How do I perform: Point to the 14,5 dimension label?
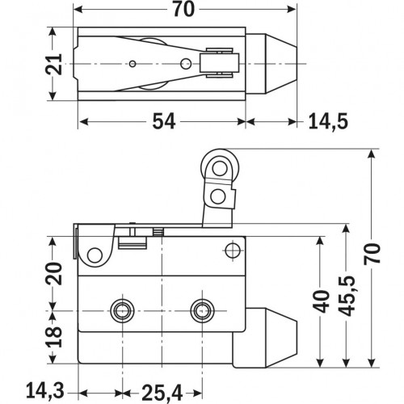327,122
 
